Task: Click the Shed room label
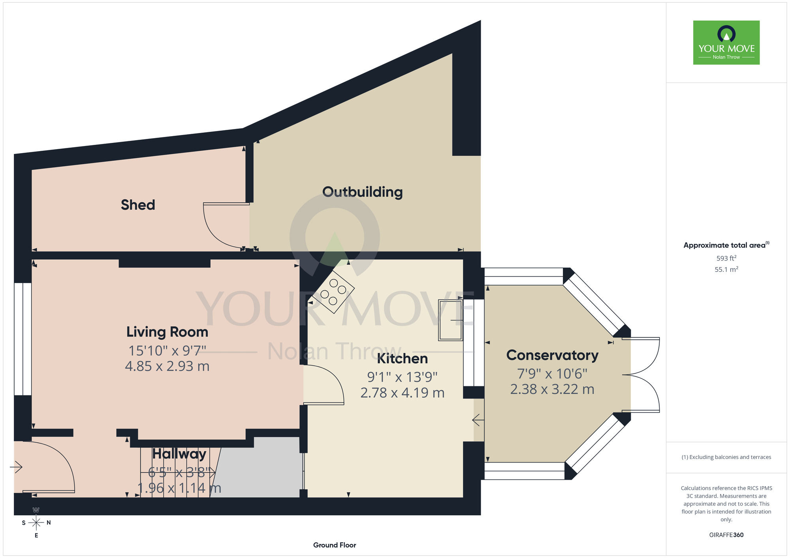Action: (138, 205)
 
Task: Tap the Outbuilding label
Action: (363, 192)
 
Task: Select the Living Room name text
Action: (167, 332)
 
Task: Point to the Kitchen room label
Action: (403, 359)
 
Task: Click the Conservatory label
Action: (552, 355)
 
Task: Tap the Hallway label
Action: (179, 454)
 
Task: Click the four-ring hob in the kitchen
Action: (333, 292)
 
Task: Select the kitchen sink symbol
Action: (450, 320)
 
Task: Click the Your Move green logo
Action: (726, 43)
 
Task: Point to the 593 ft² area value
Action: (726, 258)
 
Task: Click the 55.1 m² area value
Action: (726, 270)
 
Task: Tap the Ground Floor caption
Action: (335, 545)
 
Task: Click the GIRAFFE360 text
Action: (726, 535)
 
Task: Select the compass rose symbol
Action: (36, 523)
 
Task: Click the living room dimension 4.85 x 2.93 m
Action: (167, 366)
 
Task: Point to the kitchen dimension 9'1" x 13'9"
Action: (403, 377)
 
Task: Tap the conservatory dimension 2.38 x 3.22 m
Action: (552, 389)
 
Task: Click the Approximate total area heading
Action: (726, 245)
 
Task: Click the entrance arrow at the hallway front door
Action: (16, 467)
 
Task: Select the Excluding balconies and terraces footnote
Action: (726, 457)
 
